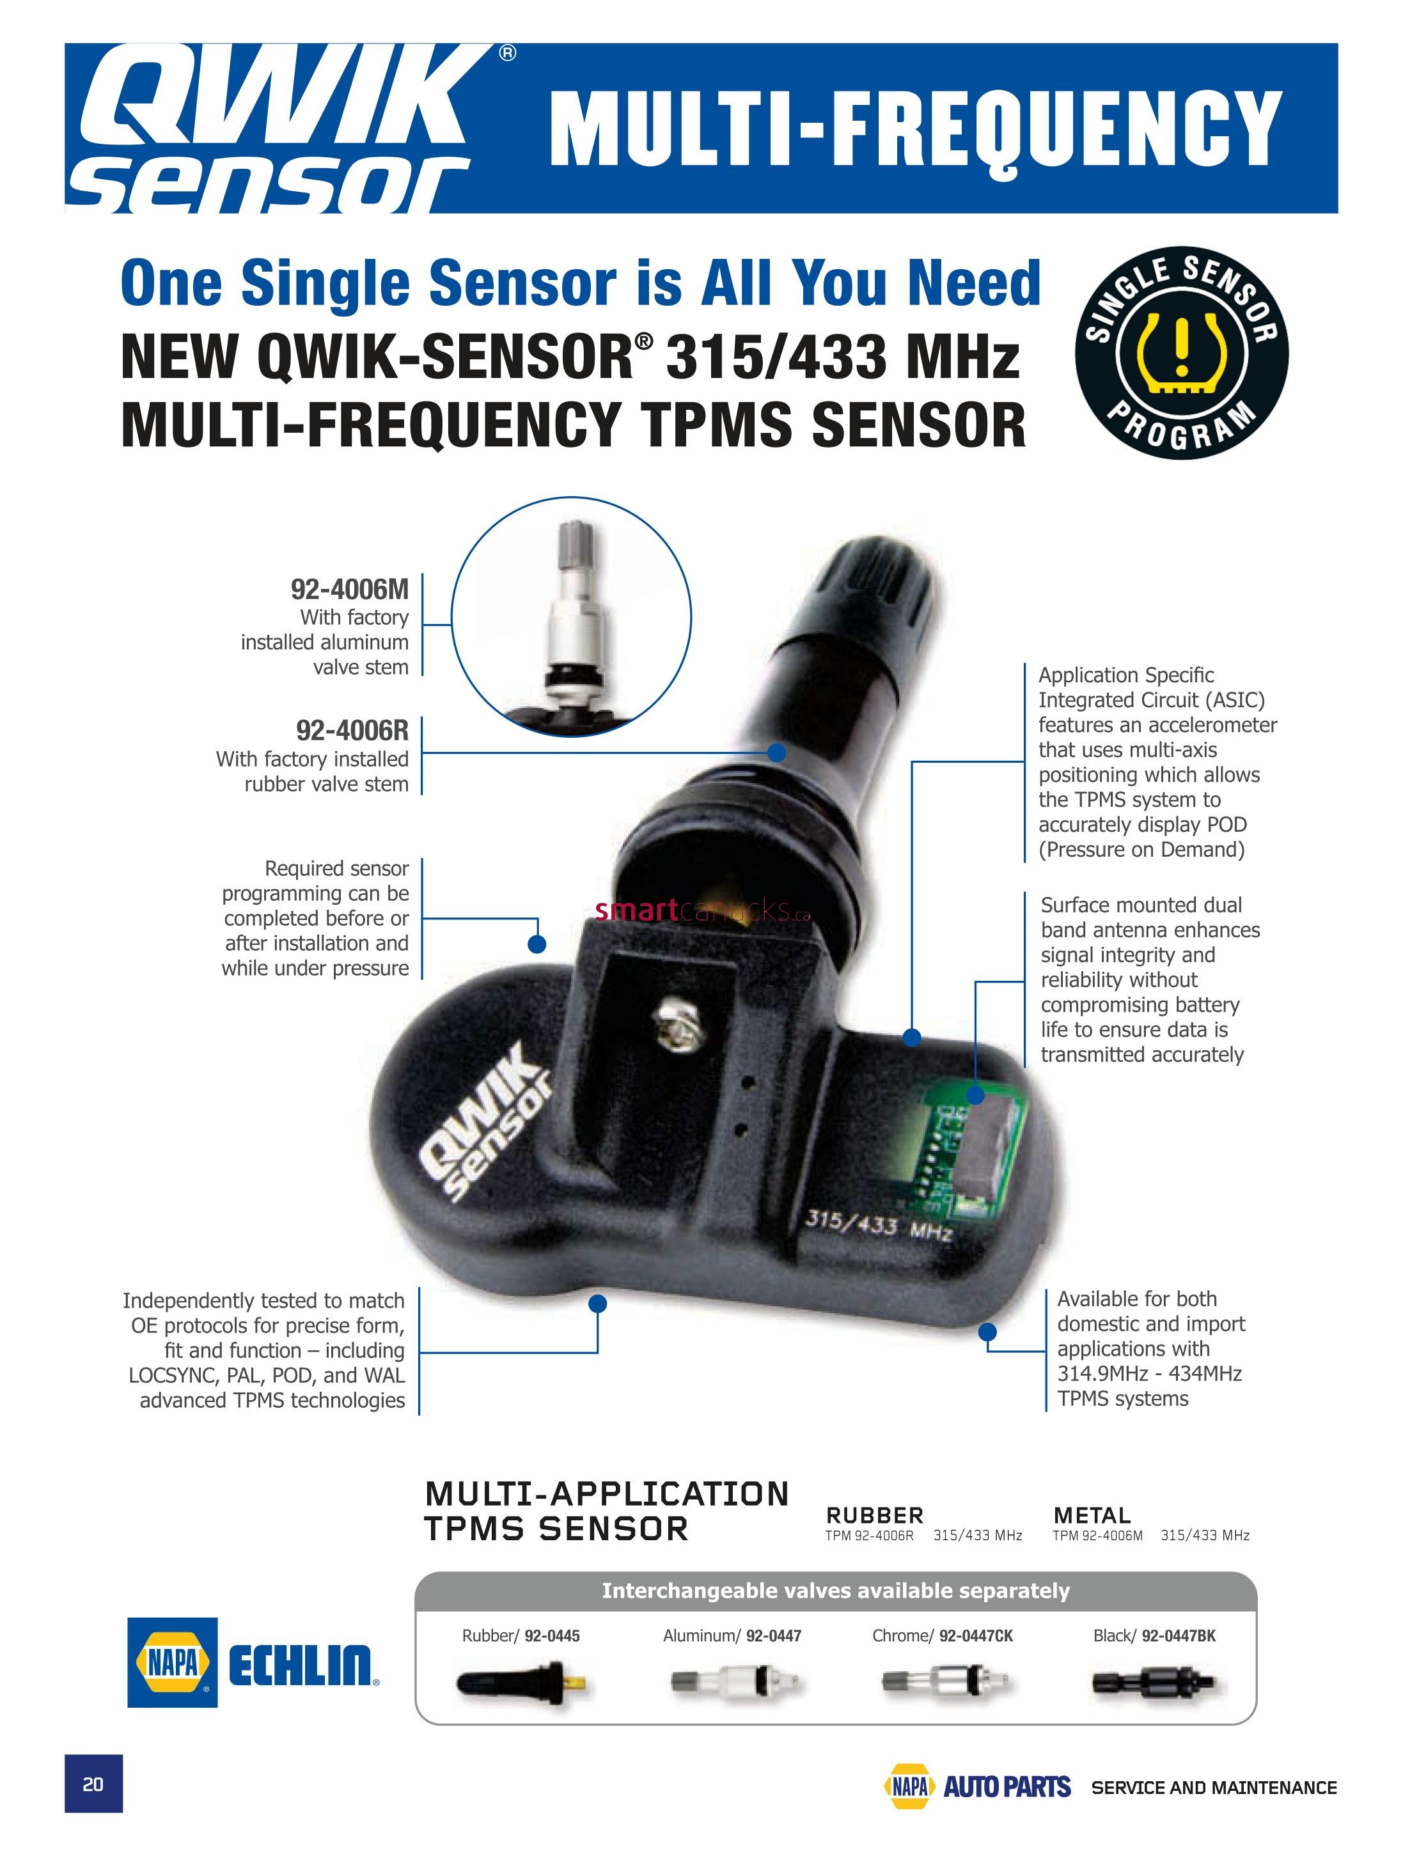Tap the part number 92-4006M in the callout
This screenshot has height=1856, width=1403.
(x=349, y=589)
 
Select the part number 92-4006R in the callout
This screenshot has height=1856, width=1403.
(x=352, y=730)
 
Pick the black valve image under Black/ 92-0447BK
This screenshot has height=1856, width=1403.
(x=1154, y=1682)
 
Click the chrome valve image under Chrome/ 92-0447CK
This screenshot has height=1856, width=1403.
(x=943, y=1682)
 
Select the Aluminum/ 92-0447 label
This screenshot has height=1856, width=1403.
(x=732, y=1635)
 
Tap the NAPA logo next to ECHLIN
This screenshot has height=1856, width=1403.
(x=172, y=1662)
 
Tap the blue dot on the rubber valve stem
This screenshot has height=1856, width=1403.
(x=777, y=752)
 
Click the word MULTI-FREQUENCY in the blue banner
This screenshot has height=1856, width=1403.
(x=914, y=129)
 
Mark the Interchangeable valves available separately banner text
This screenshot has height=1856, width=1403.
(x=836, y=1591)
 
